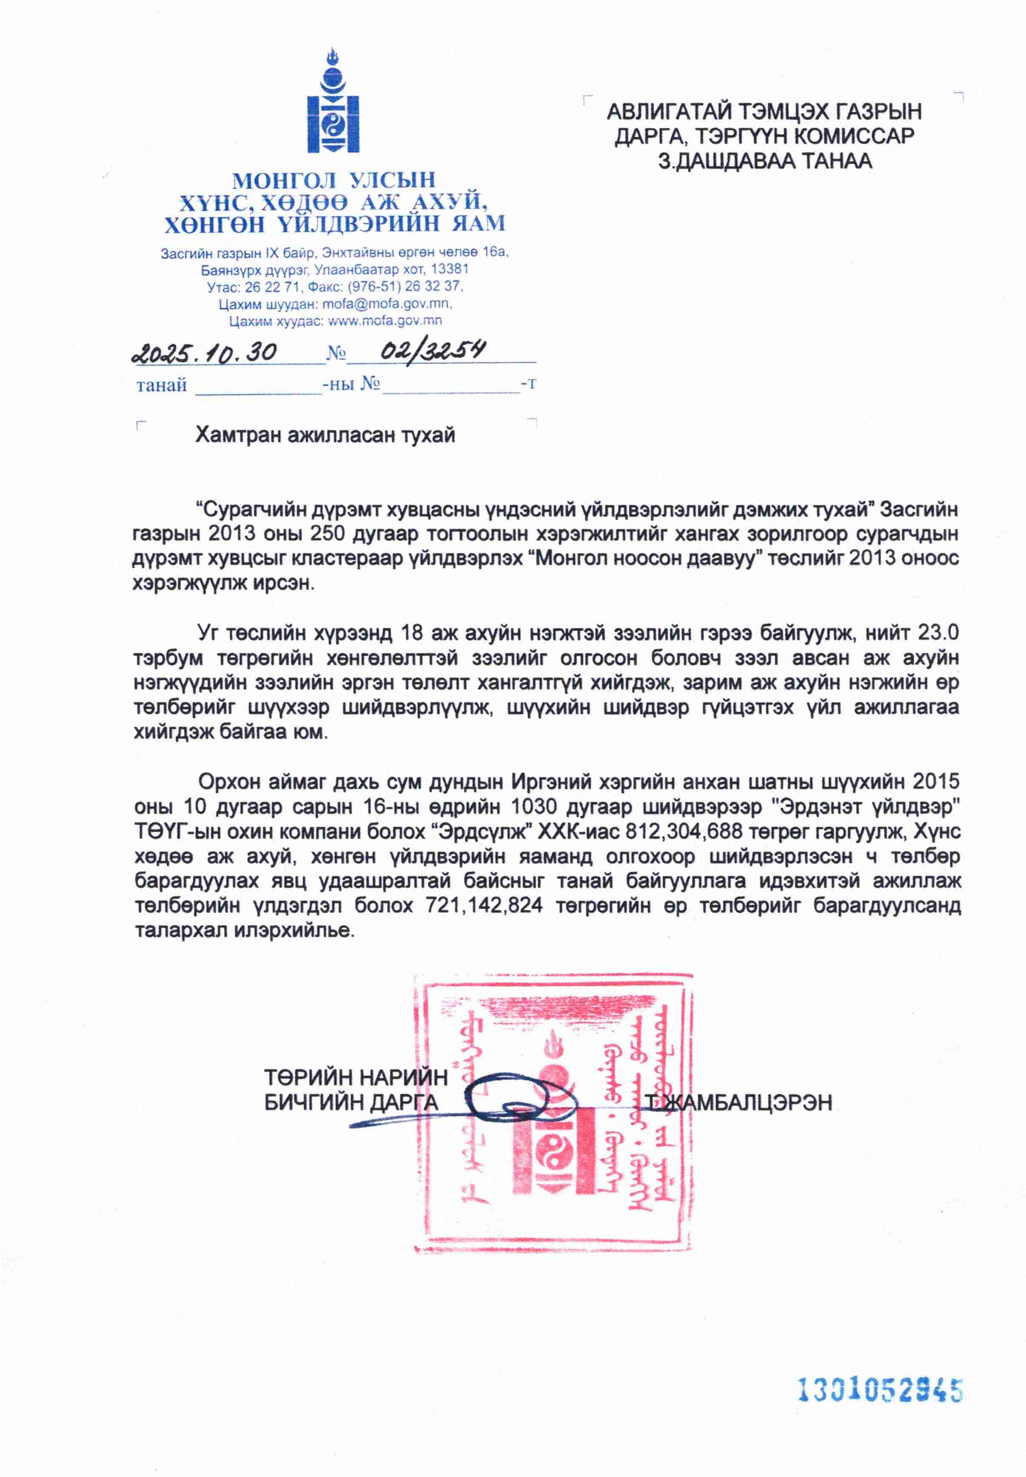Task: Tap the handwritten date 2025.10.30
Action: [x=205, y=353]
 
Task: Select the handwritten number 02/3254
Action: [x=432, y=350]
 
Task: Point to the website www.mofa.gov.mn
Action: [x=385, y=320]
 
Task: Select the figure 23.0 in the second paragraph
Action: [x=938, y=632]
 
